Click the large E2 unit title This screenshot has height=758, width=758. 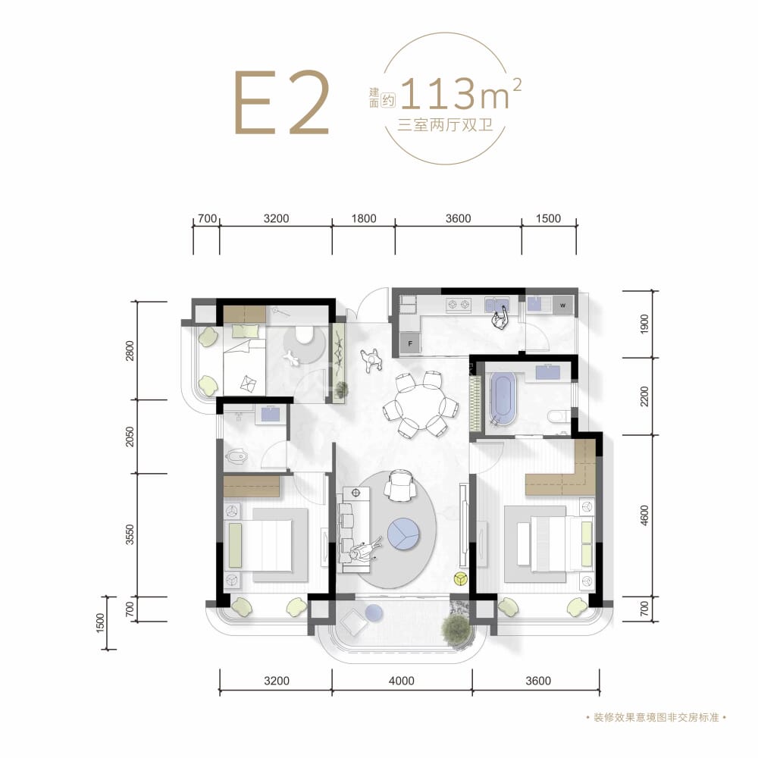282,102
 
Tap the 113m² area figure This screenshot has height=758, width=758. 461,94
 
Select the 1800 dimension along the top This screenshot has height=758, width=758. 364,218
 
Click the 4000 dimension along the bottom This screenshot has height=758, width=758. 401,681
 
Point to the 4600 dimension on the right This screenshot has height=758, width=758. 644,515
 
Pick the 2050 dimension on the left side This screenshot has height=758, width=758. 130,437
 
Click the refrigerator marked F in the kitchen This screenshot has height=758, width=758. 410,343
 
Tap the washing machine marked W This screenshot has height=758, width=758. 562,305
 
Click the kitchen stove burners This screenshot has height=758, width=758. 459,305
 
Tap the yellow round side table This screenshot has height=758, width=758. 460,578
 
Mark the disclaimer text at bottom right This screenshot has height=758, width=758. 656,717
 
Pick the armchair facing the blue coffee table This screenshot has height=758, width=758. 400,486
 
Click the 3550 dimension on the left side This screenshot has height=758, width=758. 130,534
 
